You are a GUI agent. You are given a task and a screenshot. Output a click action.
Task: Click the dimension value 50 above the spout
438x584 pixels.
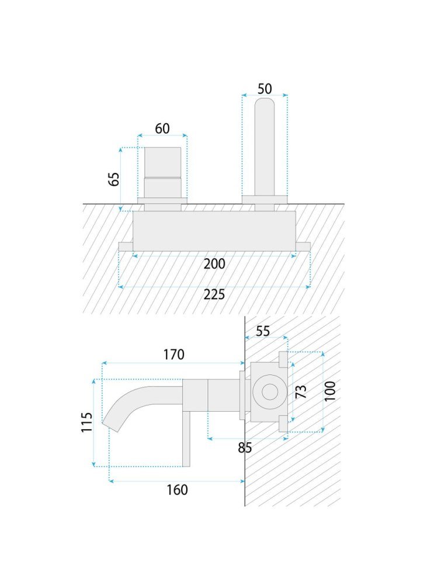coord(265,89)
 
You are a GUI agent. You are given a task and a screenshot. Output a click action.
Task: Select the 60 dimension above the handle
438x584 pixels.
coord(162,128)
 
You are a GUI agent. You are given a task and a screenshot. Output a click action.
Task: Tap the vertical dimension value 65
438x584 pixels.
coord(114,179)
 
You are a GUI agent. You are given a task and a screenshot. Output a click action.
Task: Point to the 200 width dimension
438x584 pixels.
coord(214,264)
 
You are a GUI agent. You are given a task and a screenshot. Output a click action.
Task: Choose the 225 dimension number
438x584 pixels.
coord(214,294)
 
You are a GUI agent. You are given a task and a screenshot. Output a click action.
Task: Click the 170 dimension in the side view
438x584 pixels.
coord(174,354)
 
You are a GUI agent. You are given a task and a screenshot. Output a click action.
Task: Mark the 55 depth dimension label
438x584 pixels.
coord(263,331)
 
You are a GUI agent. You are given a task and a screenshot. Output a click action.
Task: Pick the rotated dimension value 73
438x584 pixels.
coord(301,391)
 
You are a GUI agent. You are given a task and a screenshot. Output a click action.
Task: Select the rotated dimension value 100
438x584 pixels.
coord(330,391)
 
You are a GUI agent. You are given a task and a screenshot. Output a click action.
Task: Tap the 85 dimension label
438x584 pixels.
coord(245,448)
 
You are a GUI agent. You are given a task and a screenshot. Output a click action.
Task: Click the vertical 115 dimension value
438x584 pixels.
coord(86,422)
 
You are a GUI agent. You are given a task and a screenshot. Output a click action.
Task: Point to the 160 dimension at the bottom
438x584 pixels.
coord(177,489)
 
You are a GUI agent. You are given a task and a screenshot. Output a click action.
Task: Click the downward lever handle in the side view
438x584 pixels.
coord(186,439)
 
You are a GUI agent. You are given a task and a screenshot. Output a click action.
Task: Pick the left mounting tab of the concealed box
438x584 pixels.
coord(126,246)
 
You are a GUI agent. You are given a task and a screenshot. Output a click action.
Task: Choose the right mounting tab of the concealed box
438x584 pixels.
coord(303,246)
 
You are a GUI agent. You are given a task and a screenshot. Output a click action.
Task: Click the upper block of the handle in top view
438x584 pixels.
coord(162,162)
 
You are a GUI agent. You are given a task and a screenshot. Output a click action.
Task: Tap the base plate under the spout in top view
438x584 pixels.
coord(265,200)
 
